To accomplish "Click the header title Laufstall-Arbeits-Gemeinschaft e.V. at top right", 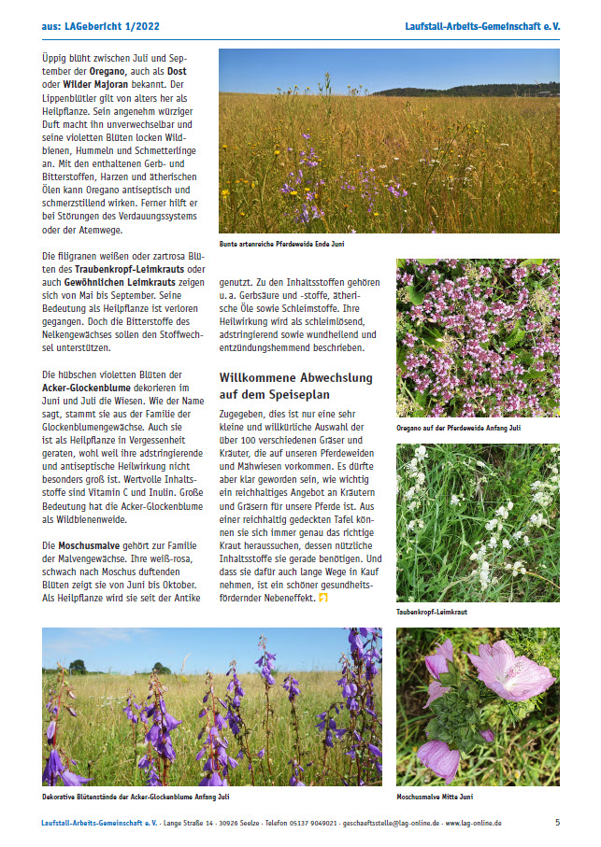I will point(482,27).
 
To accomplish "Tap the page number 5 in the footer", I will point(557,822).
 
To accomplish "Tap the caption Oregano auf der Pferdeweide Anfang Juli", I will point(459,428).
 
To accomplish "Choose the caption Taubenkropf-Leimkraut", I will point(432,612).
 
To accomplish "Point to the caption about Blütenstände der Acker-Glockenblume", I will point(136,797).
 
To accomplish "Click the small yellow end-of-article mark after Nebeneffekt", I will point(323,597).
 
